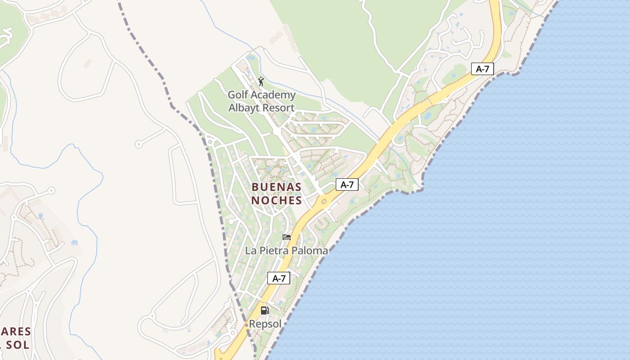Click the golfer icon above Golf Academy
[x=261, y=81]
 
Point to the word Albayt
[x=245, y=108]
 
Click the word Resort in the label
[x=279, y=108]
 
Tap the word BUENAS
[x=276, y=187]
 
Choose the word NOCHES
[x=276, y=200]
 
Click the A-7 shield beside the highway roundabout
[x=347, y=184]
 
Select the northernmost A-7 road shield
[x=482, y=69]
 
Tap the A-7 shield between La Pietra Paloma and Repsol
[x=279, y=278]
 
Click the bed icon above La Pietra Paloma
[x=286, y=237]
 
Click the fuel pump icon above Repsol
[x=265, y=310]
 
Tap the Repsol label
[x=265, y=324]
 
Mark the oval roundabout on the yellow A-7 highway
[x=324, y=201]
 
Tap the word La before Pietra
[x=251, y=251]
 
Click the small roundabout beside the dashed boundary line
[x=210, y=142]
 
